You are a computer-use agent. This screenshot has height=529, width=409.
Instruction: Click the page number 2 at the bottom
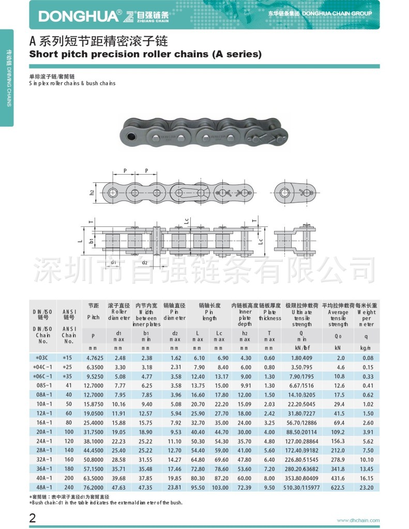(33, 518)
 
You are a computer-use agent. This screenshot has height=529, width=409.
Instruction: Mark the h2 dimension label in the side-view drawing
(92, 192)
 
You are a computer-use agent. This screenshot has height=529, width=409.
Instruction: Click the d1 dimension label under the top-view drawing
(113, 262)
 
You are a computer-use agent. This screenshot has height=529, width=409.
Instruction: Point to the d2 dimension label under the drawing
(145, 262)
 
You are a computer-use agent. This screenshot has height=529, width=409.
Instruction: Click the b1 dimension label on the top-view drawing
(91, 240)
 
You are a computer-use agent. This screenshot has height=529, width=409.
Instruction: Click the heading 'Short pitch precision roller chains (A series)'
(145, 54)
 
